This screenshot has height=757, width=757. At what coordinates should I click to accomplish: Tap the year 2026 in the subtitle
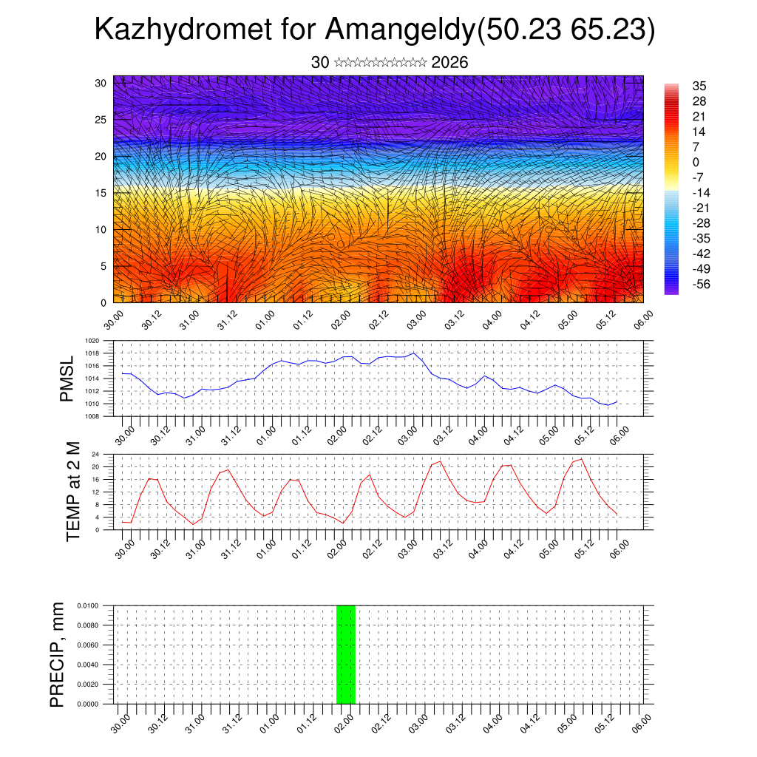coord(449,63)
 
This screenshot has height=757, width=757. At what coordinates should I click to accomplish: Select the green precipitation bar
coord(346,654)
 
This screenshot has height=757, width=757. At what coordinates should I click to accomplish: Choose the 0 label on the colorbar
coord(696,162)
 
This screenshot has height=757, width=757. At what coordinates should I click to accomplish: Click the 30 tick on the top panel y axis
coord(101,83)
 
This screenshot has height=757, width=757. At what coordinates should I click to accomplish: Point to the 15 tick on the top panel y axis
coord(101,193)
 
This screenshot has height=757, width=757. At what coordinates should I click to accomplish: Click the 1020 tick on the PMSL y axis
coord(92,341)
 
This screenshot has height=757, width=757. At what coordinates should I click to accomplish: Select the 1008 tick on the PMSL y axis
coord(92,416)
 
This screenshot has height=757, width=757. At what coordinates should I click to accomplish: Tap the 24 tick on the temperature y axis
coord(95,454)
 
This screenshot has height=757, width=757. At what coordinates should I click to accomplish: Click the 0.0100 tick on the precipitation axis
coord(87,605)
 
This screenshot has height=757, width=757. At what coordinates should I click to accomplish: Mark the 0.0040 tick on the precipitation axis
coord(87,665)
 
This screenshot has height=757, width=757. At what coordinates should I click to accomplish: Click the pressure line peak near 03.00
coord(414,353)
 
